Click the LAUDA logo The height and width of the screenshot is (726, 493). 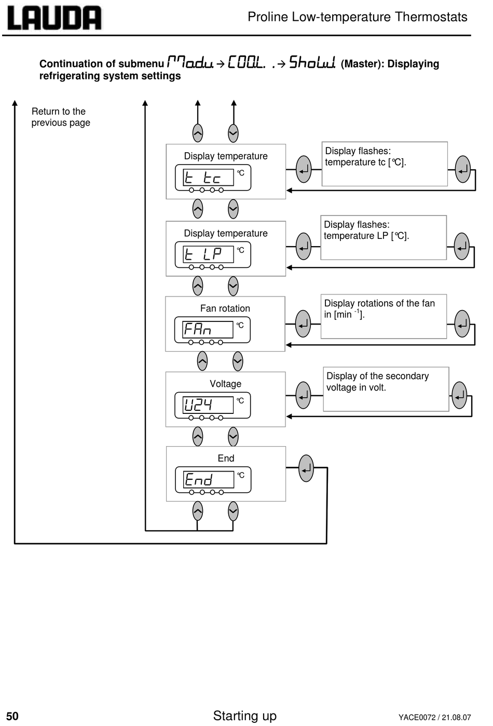click(x=54, y=18)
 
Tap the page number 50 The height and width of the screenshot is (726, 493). click(x=12, y=716)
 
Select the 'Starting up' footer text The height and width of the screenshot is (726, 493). click(x=244, y=715)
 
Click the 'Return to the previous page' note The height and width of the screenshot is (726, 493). click(x=61, y=117)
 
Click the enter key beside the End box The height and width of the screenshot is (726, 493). click(x=306, y=468)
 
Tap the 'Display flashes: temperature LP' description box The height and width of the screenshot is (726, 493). click(x=384, y=237)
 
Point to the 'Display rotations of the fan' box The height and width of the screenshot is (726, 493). click(x=384, y=316)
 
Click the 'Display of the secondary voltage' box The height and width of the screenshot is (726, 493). click(x=386, y=389)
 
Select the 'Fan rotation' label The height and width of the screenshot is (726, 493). click(x=225, y=308)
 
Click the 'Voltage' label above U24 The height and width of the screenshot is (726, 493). click(x=225, y=384)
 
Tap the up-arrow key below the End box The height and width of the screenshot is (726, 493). click(x=198, y=511)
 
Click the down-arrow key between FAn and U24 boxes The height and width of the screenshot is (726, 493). click(x=238, y=361)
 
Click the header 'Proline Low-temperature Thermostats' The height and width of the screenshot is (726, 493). click(x=357, y=17)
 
